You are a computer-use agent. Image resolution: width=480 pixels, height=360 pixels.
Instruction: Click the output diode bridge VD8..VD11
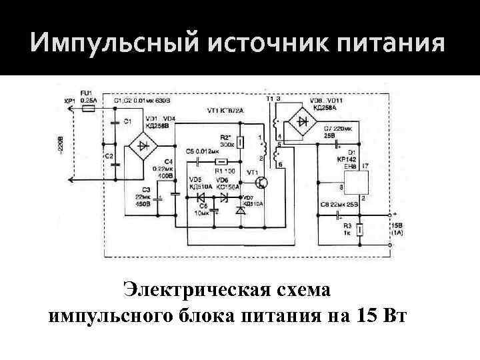[x=305, y=122]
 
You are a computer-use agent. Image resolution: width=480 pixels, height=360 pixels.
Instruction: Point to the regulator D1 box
[x=353, y=184]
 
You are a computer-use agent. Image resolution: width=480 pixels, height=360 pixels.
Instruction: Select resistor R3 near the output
[x=361, y=230]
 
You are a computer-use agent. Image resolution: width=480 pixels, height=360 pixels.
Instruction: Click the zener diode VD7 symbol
[x=241, y=211]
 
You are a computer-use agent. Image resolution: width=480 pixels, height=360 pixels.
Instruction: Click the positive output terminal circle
[x=387, y=216]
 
